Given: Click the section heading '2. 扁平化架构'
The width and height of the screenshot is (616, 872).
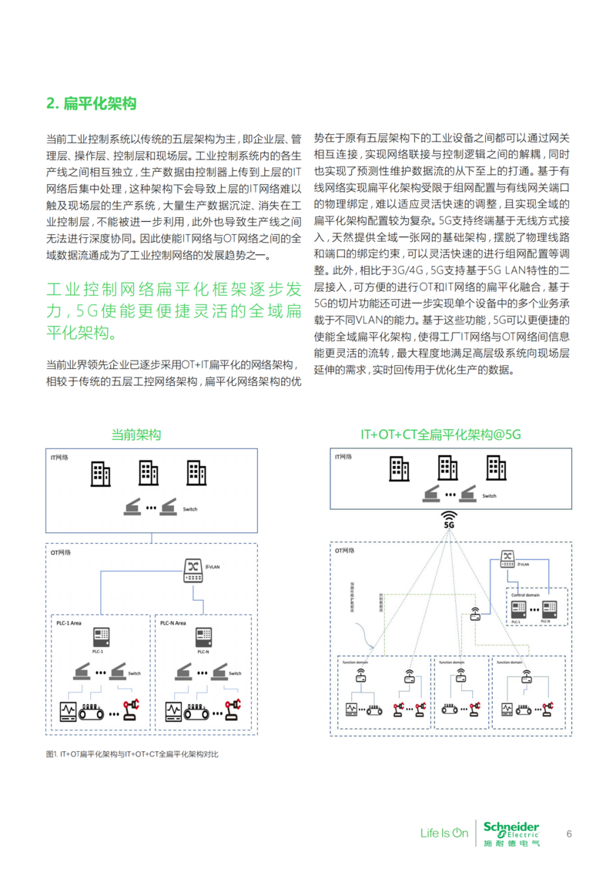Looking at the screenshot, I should pyautogui.click(x=92, y=103).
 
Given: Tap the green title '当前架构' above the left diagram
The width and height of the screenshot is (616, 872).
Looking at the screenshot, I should pyautogui.click(x=136, y=435).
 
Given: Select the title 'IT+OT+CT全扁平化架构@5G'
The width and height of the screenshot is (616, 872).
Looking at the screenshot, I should pyautogui.click(x=440, y=435).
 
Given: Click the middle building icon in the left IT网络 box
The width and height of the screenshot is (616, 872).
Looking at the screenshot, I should pyautogui.click(x=148, y=472).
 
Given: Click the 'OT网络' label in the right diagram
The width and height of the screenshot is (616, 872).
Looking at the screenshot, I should pyautogui.click(x=344, y=551).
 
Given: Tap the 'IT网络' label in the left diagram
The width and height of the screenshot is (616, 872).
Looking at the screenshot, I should pyautogui.click(x=59, y=458).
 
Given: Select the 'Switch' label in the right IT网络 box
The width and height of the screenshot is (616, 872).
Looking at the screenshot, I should pyautogui.click(x=490, y=496).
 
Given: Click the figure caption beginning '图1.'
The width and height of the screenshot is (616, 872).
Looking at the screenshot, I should pyautogui.click(x=132, y=754).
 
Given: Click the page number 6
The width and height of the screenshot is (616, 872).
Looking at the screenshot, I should pyautogui.click(x=569, y=833).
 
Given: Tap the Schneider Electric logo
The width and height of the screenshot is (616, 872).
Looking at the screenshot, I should pyautogui.click(x=511, y=833).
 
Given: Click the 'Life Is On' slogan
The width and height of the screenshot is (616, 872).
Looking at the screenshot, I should pyautogui.click(x=444, y=833).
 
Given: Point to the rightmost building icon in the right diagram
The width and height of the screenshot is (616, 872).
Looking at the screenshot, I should pyautogui.click(x=495, y=468).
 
